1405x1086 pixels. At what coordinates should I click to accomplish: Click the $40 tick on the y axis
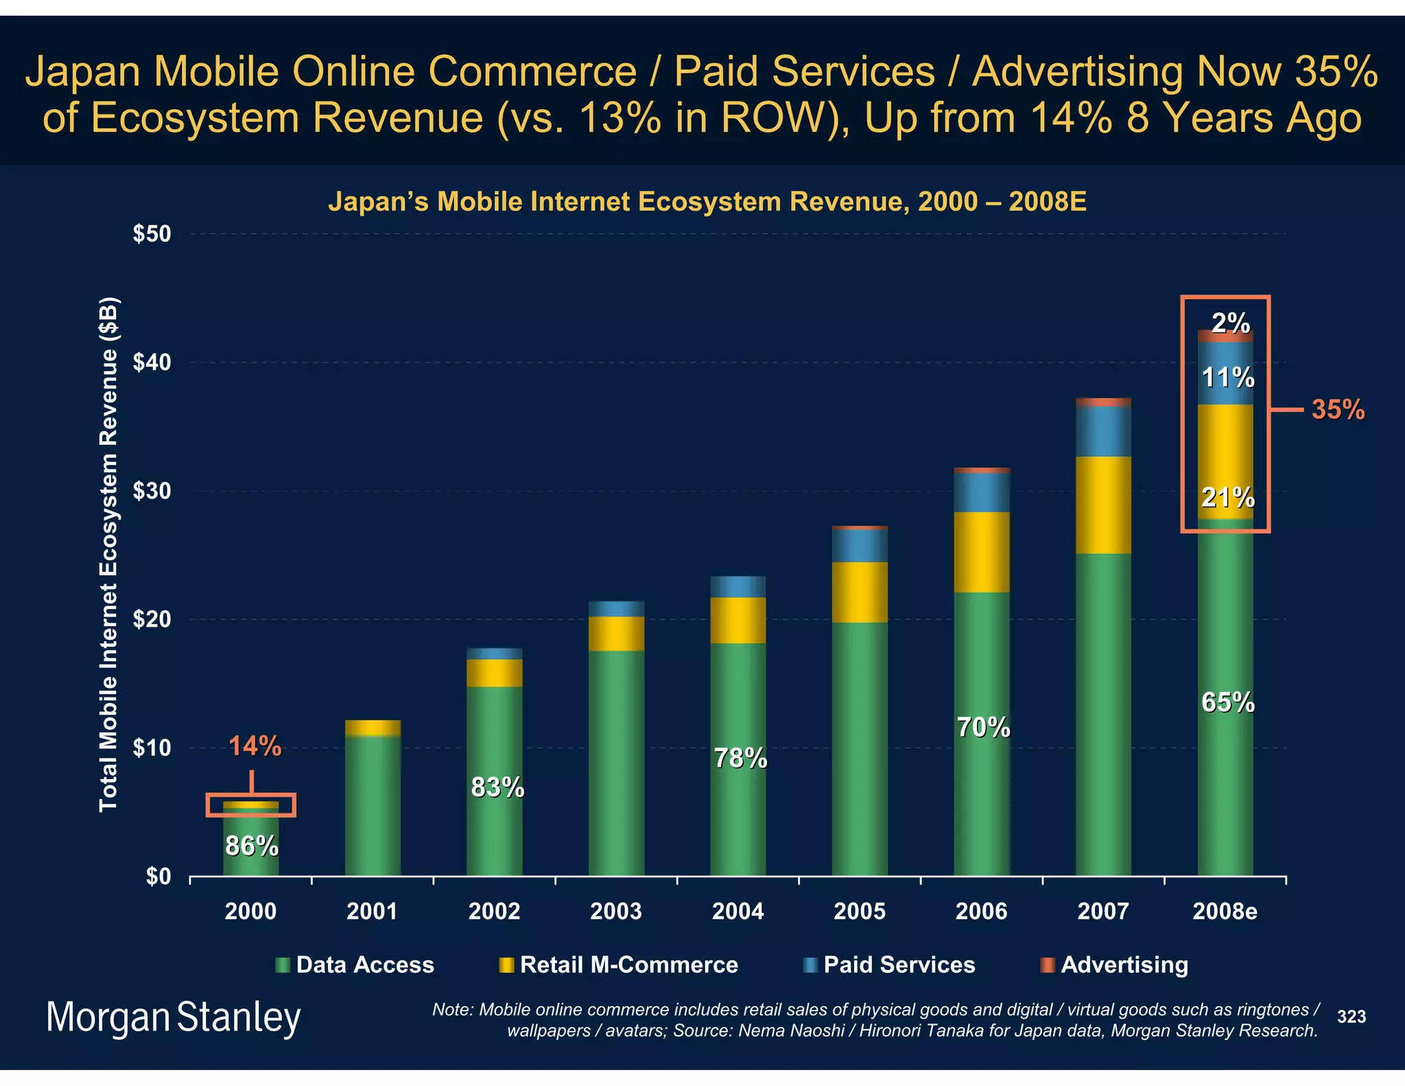[x=152, y=362]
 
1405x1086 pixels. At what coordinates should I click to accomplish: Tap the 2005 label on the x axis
[x=860, y=912]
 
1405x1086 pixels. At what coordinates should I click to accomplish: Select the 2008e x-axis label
[x=1225, y=912]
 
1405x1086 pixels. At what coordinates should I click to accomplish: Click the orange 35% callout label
[x=1338, y=410]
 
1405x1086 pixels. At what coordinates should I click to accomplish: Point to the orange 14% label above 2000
[x=255, y=747]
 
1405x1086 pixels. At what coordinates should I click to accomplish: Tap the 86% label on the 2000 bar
[x=252, y=846]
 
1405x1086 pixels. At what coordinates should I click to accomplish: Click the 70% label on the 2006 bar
[x=983, y=728]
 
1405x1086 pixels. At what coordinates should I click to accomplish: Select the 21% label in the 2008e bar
[x=1227, y=497]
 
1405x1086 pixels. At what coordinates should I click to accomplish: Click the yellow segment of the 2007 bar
[x=1103, y=505]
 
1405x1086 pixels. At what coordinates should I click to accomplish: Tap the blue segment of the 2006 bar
[x=982, y=492]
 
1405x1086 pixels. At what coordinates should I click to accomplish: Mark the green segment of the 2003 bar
[x=616, y=762]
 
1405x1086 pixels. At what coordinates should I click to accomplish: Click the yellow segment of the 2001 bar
[x=373, y=728]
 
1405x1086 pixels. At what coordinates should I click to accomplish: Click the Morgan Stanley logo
[x=174, y=1017]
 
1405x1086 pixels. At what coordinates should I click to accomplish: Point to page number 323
[x=1351, y=1017]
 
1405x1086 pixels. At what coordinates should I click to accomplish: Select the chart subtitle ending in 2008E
[x=707, y=202]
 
